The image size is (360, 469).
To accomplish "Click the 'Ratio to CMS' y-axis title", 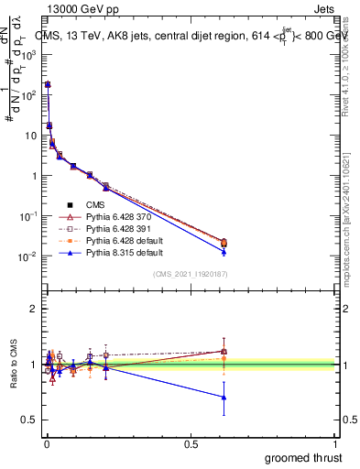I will point(14,365).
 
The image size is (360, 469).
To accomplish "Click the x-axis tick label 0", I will point(46,443).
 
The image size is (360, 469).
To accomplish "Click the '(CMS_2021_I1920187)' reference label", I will point(190,274).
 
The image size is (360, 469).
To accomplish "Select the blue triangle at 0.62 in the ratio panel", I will point(224,397).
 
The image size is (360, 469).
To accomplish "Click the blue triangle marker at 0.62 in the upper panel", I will point(224,251).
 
